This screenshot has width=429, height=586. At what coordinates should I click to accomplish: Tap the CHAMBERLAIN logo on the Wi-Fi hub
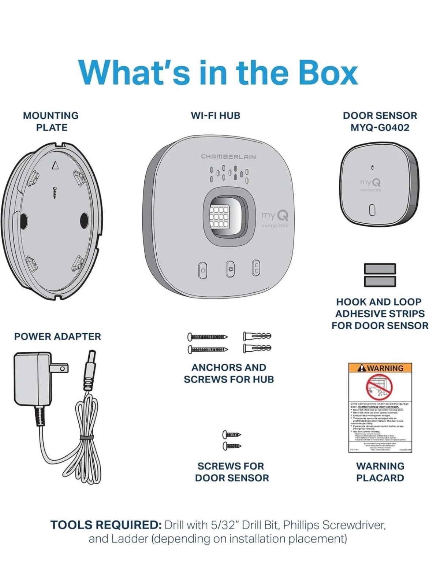(228, 157)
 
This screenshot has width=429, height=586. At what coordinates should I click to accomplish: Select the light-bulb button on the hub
(230, 269)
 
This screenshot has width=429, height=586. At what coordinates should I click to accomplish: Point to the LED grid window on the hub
(219, 216)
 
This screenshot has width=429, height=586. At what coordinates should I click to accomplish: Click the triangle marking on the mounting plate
(55, 166)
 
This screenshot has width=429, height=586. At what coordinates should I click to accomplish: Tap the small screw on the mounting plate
(55, 192)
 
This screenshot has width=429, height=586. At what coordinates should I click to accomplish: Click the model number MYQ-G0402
(380, 128)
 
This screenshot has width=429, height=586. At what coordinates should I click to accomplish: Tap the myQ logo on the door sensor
(370, 182)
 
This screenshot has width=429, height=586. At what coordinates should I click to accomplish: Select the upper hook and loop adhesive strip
(380, 268)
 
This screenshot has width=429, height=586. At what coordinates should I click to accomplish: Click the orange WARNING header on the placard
(380, 368)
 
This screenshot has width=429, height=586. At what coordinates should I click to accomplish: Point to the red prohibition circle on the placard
(380, 387)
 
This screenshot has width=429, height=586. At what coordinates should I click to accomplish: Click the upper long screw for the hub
(208, 337)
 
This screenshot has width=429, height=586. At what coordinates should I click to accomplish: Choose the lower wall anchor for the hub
(257, 348)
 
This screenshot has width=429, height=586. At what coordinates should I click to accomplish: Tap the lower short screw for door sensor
(232, 446)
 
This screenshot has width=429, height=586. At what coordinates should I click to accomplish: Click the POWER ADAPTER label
(57, 337)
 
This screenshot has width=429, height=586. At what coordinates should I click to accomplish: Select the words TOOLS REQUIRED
(106, 525)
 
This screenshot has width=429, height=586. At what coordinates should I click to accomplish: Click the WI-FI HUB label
(215, 116)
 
